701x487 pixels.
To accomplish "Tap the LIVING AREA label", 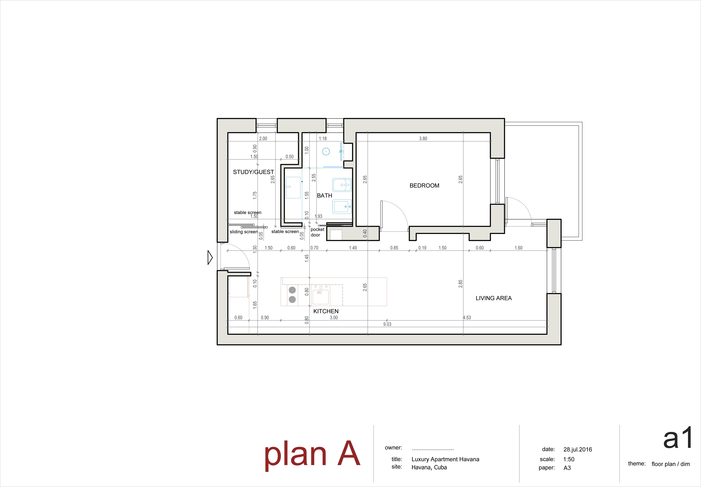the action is (x=494, y=298).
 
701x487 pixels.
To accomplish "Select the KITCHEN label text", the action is (x=326, y=311).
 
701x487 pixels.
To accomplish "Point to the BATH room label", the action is (x=324, y=196).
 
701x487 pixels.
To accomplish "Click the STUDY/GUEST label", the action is (x=253, y=172).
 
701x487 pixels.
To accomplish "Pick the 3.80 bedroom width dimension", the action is (x=423, y=139).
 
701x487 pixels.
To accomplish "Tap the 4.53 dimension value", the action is (x=467, y=318).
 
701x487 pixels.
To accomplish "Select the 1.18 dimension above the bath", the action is (x=323, y=139).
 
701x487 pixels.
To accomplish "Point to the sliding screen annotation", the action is (x=244, y=232).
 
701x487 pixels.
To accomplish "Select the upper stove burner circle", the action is (x=292, y=290).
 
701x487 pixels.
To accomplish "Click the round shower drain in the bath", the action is (x=326, y=151).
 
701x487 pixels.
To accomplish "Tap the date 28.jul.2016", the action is (x=577, y=449).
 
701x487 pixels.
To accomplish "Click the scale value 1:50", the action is (x=569, y=459).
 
